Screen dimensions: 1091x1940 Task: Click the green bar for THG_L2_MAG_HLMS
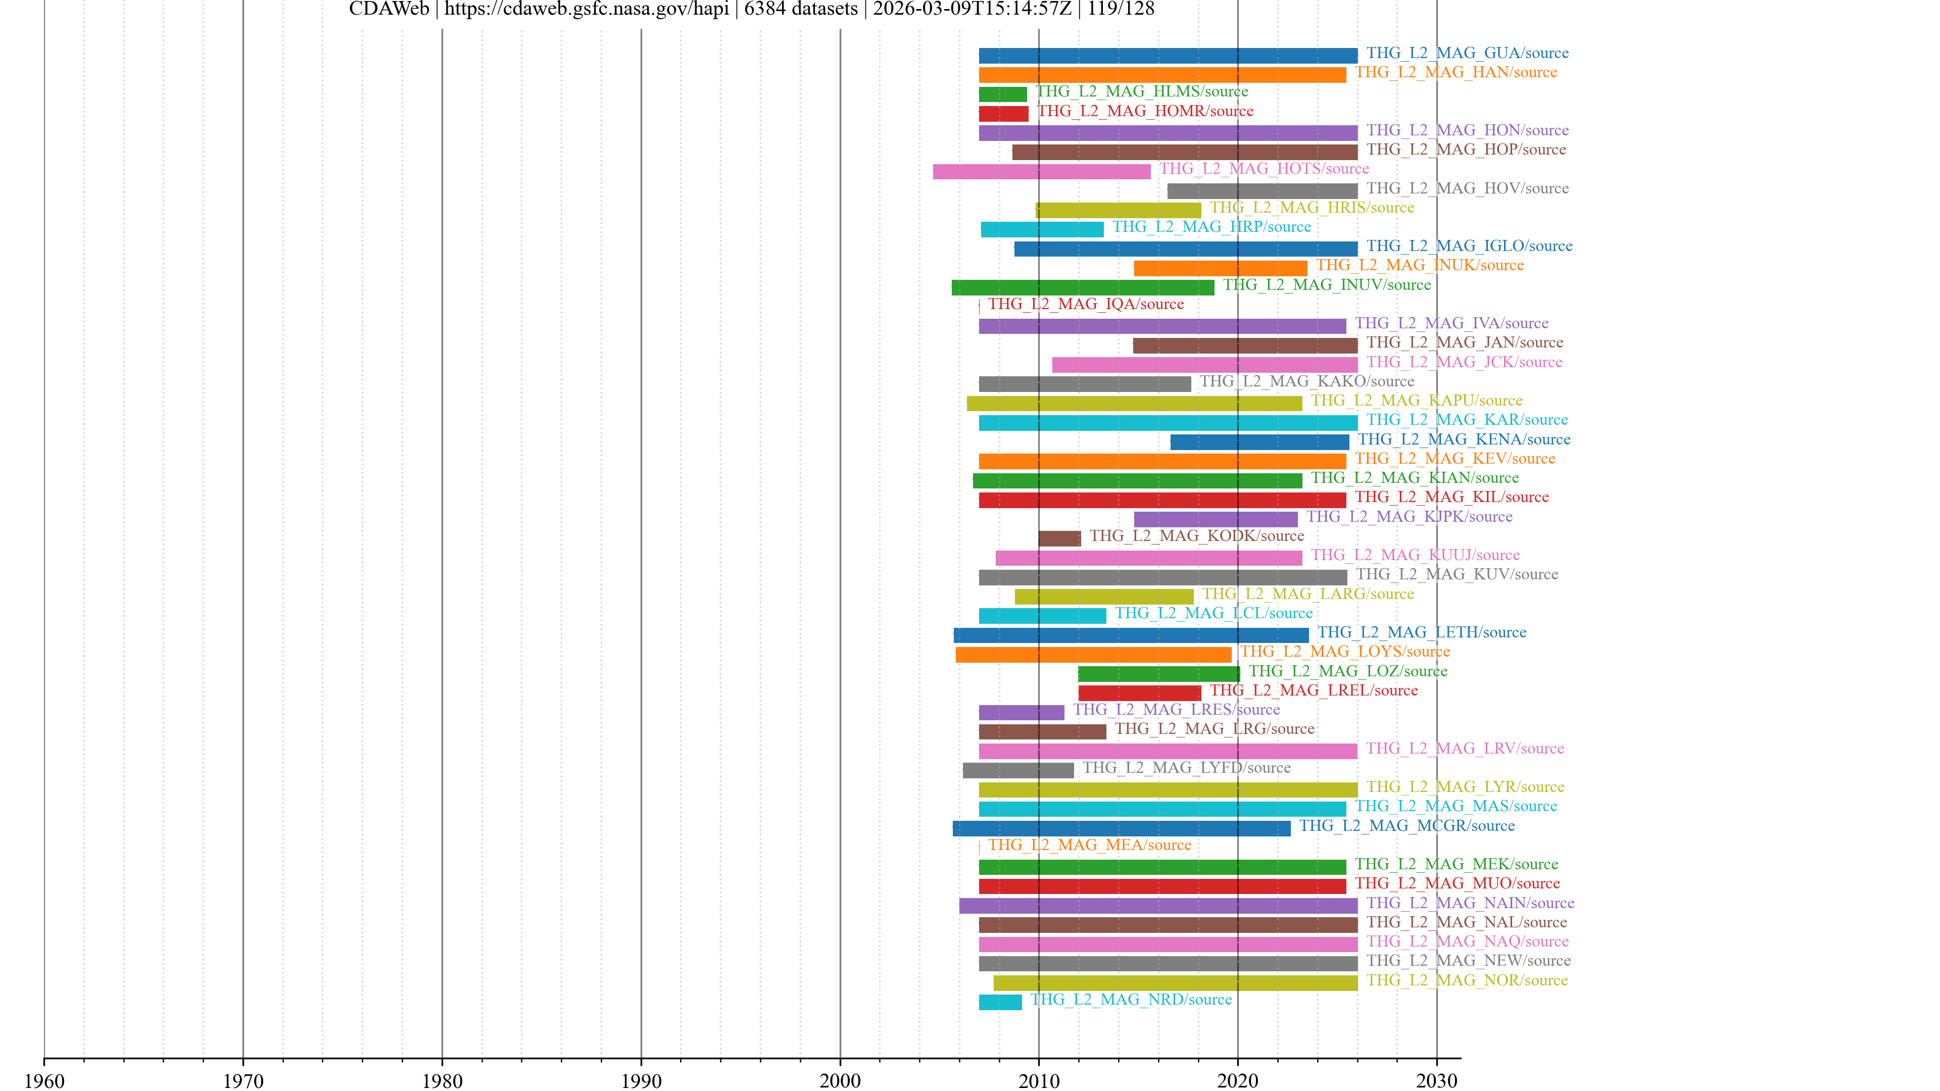[1002, 94]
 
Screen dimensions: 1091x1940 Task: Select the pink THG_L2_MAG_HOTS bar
[1042, 172]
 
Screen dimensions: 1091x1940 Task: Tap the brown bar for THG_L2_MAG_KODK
[1059, 538]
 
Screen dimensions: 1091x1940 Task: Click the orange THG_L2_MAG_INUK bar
[1220, 268]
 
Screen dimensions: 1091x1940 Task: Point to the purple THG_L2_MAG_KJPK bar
[1216, 520]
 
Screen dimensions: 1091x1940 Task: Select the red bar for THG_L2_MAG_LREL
[1139, 692]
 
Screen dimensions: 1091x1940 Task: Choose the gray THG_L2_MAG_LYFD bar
[1018, 770]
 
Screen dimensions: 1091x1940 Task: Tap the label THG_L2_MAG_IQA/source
[1085, 304]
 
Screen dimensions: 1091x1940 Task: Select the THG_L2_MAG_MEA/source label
[1089, 845]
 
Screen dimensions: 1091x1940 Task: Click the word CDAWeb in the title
[389, 9]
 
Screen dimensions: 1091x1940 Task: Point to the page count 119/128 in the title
[1121, 9]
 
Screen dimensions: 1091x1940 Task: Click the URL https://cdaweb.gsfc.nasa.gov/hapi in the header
[586, 9]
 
